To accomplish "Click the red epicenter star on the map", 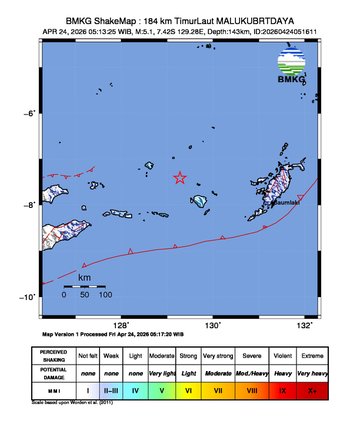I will point(180,178).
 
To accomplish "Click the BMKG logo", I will point(290,67).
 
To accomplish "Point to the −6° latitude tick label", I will point(31,113).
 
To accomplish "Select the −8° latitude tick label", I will point(31,205).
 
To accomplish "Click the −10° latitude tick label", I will point(29,297).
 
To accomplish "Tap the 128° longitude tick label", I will point(121,325).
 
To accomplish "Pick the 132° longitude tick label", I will point(305,325).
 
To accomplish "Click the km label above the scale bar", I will point(85,276).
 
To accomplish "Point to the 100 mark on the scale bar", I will point(105,295).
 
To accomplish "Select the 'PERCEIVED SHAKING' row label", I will point(55,355).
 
